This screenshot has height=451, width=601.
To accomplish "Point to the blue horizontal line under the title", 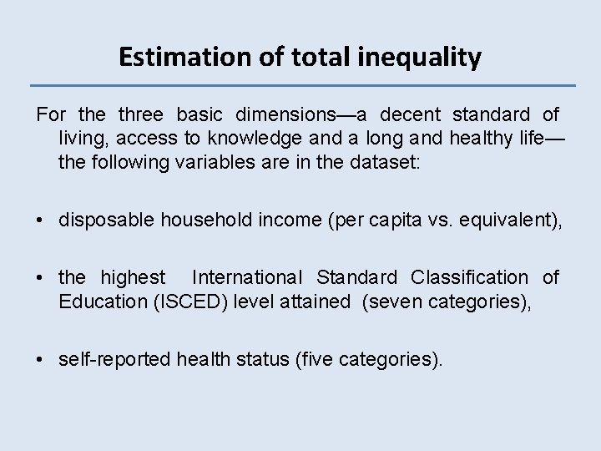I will [302, 85].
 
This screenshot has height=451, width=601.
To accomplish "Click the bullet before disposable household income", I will [40, 220].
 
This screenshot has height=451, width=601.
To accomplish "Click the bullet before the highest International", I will [40, 277].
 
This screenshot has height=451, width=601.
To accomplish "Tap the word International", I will [247, 277].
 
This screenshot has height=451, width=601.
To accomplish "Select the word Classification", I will [469, 277].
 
